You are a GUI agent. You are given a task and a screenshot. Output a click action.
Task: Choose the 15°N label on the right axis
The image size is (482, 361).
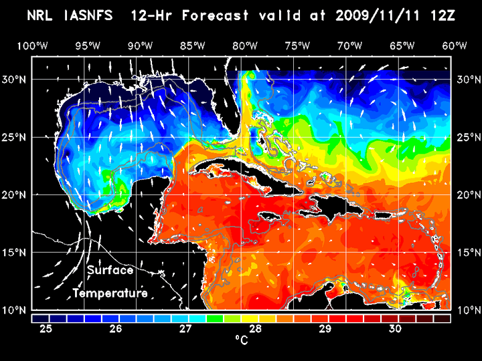(x=466, y=252)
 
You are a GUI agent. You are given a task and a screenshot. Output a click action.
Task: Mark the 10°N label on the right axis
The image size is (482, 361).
(x=466, y=310)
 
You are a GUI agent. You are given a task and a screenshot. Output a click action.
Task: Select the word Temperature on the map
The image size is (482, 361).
(x=110, y=293)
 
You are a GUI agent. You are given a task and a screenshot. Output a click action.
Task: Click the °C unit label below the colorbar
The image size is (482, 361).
(x=241, y=340)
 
